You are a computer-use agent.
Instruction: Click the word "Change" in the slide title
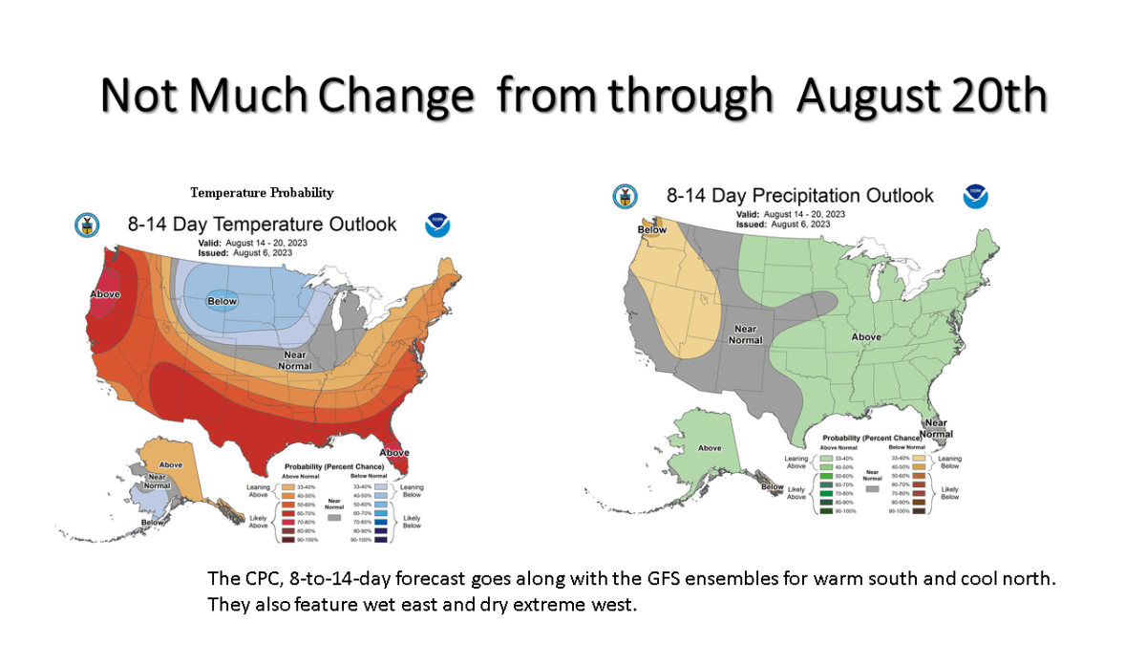[x=396, y=96]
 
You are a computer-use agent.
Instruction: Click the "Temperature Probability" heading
[x=262, y=193]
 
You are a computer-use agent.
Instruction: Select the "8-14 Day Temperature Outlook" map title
[x=262, y=225]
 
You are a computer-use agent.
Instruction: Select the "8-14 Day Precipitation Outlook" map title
[x=799, y=196]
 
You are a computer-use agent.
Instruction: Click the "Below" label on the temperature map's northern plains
[x=222, y=302]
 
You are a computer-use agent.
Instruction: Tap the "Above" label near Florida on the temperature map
[x=394, y=452]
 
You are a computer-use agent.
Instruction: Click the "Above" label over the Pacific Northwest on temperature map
[x=104, y=293]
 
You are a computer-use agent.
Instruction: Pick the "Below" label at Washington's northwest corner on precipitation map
[x=652, y=229]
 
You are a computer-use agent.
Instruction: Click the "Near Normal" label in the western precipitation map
[x=745, y=333]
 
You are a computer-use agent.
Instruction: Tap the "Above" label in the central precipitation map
[x=865, y=336]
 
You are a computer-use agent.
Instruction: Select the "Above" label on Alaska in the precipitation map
[x=710, y=447]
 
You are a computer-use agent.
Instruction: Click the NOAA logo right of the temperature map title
[x=437, y=226]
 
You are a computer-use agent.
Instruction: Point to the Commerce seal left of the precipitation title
[x=625, y=197]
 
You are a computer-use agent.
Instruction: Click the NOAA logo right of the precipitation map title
[x=975, y=197]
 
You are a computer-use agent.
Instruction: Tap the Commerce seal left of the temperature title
[x=87, y=226]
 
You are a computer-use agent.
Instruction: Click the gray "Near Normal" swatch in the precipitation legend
[x=871, y=487]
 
